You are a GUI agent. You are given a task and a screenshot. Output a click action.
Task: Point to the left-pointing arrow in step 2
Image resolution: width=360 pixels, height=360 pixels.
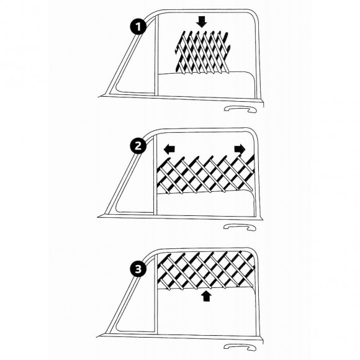168,150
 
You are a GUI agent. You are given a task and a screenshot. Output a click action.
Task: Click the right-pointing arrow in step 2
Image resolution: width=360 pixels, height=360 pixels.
239,150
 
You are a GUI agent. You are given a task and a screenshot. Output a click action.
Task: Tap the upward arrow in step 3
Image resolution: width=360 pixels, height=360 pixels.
207,296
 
